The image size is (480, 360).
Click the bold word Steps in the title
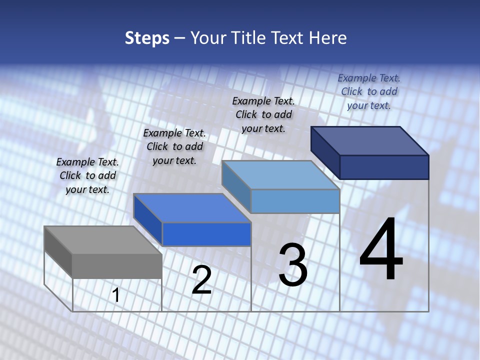[147, 38]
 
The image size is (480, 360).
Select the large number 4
[381, 250]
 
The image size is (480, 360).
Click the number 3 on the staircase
[293, 265]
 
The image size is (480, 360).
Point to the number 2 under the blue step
[201, 280]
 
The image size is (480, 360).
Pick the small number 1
[116, 295]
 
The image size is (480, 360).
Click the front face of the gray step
[117, 266]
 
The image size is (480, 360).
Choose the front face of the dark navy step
[384, 167]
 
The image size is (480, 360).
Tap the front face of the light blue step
[295, 201]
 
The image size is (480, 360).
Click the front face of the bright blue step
[206, 234]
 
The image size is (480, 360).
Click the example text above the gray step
[87, 175]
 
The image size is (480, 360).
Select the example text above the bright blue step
[174, 146]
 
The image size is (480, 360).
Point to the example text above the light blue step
[263, 114]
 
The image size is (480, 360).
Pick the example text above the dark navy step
[369, 91]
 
